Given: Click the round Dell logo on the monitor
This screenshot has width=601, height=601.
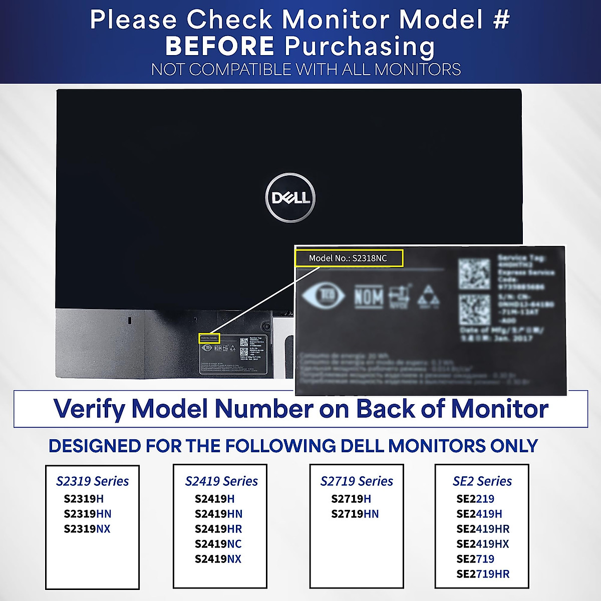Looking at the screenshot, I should click(x=290, y=198).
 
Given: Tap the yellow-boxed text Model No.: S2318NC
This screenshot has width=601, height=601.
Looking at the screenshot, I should click(x=348, y=258).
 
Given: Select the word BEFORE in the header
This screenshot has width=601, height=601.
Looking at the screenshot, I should click(x=220, y=46).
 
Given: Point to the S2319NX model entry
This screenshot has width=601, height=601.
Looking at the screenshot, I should click(x=87, y=529).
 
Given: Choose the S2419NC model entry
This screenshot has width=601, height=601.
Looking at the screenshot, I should click(x=218, y=544).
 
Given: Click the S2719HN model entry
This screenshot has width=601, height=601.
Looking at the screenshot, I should click(x=355, y=514).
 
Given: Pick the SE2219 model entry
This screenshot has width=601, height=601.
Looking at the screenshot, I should click(x=475, y=499).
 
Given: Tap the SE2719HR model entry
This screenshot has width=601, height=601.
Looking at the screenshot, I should click(x=483, y=574).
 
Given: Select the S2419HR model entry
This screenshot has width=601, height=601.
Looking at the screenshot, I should click(x=218, y=529).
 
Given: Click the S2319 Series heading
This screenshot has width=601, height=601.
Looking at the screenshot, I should click(x=93, y=481).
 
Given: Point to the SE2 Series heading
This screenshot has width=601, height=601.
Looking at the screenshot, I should click(x=482, y=481).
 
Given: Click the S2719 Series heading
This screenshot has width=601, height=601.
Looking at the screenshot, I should click(x=357, y=481).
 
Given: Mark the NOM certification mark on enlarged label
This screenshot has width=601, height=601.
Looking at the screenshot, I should click(x=369, y=297).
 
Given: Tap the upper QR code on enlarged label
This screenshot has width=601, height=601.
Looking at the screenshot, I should click(x=474, y=273).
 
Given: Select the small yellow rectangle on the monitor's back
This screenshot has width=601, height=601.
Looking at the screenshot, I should click(x=209, y=338).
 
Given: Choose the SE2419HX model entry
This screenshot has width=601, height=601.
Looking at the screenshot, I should click(x=483, y=544).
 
